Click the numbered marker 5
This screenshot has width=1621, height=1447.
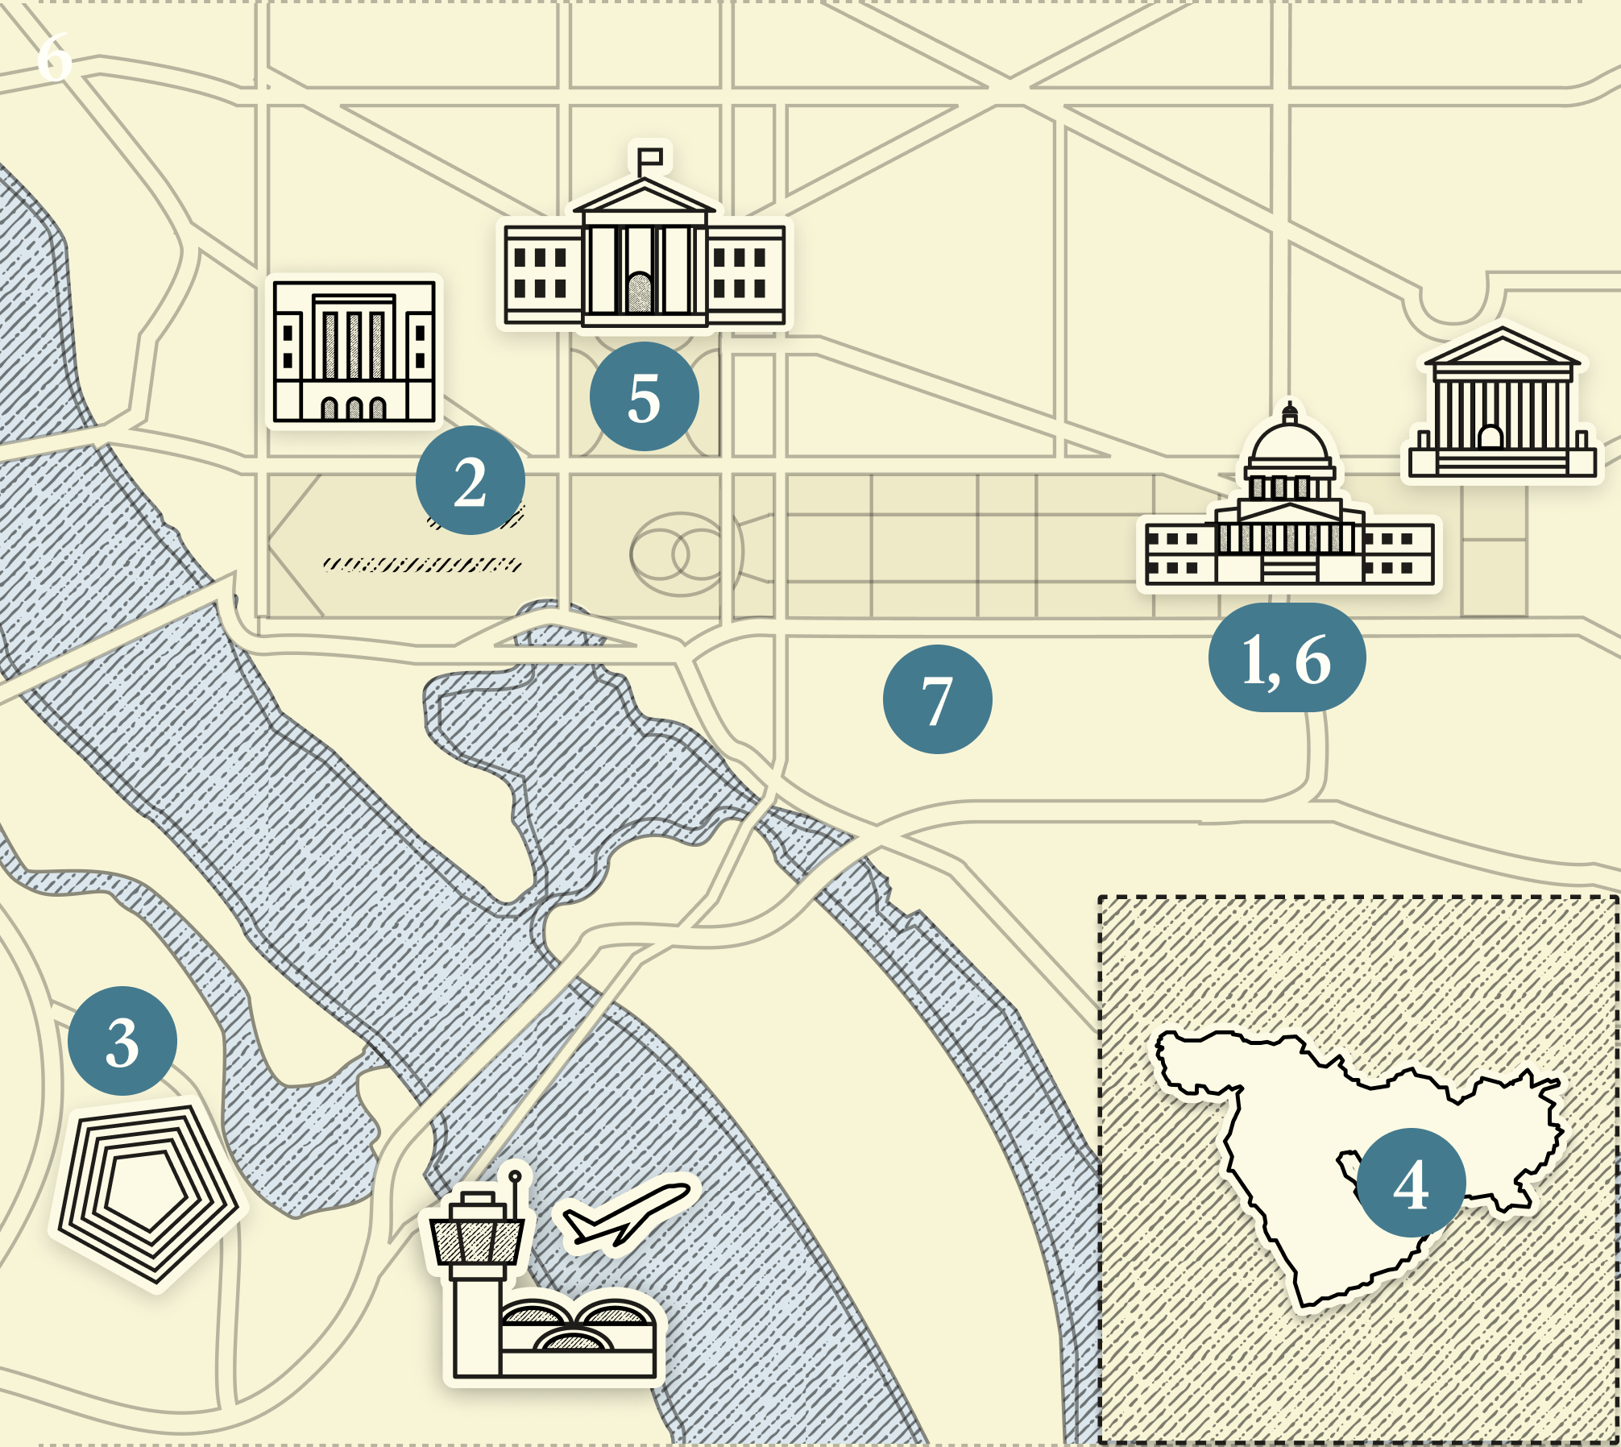[644, 396]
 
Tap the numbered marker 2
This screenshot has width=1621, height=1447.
[471, 480]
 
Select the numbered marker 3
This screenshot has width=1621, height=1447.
[122, 1041]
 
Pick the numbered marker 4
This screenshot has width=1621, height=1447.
[1411, 1183]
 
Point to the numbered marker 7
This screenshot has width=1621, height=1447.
[937, 699]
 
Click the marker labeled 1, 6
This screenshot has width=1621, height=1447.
[1287, 657]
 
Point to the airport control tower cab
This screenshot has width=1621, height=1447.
[476, 1239]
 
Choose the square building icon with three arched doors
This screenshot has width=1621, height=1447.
[354, 351]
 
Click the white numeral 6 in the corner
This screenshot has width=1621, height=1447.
[55, 58]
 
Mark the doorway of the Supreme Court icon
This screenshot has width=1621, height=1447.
[1490, 437]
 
